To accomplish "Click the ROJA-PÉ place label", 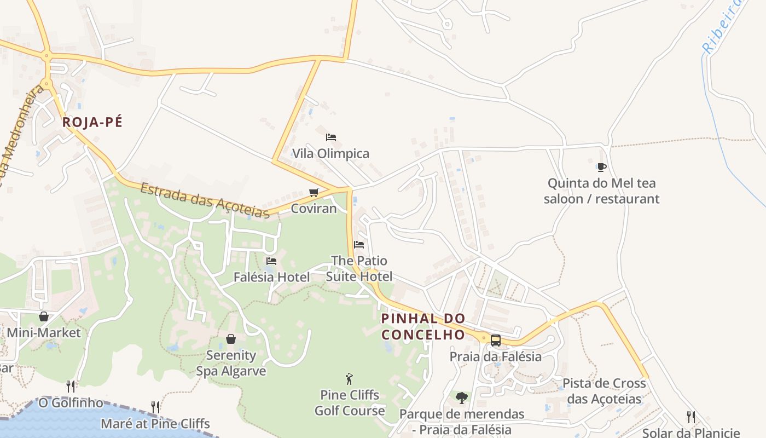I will [92, 122].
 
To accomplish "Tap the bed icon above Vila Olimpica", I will [330, 137].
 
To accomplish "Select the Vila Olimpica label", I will [330, 153].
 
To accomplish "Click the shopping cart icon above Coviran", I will [314, 192].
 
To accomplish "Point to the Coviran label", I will [314, 208].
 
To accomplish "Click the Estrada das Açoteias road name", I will [205, 200].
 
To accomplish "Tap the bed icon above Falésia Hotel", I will [271, 261].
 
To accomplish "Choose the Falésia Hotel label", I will [271, 277].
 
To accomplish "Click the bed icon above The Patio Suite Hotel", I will [359, 245].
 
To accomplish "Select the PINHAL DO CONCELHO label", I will [423, 326].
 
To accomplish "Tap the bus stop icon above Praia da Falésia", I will [496, 341].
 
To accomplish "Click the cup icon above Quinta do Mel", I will [601, 167].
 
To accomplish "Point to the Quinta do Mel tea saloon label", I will [601, 191].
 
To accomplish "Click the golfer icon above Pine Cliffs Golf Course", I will [349, 378].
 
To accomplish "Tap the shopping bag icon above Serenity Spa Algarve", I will [231, 339].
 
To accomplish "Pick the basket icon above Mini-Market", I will [44, 316].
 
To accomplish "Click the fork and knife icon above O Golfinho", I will [71, 387].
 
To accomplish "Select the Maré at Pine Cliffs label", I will [155, 423].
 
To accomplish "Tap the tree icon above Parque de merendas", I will [462, 398].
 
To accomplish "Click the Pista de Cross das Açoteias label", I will [604, 391].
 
